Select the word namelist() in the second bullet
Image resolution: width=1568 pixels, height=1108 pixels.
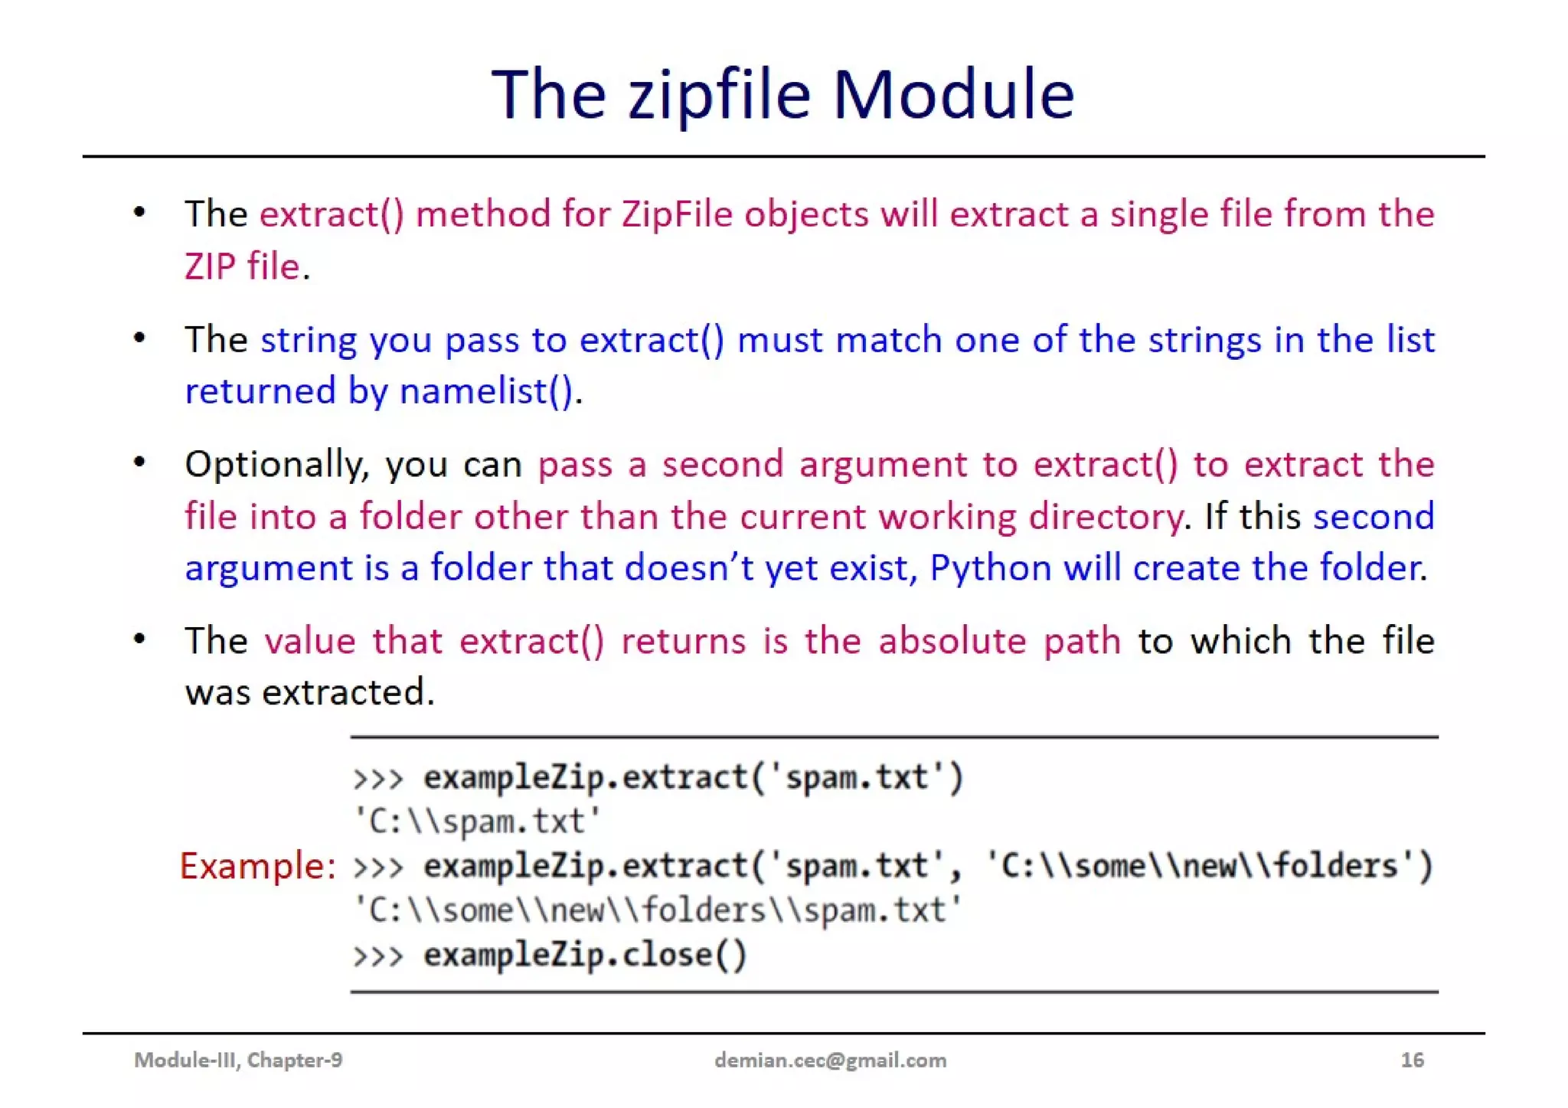(486, 391)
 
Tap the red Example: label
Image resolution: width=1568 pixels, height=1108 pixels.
(258, 866)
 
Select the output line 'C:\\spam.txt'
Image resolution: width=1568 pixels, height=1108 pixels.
(476, 822)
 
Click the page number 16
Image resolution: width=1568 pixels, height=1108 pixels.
(1412, 1060)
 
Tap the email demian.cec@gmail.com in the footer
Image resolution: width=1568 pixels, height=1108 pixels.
(830, 1060)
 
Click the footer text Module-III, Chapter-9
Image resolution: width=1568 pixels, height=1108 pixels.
(238, 1060)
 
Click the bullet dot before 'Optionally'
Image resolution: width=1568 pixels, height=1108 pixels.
(139, 462)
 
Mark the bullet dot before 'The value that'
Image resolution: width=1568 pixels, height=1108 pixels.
(139, 639)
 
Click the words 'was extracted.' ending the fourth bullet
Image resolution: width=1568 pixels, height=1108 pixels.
(309, 692)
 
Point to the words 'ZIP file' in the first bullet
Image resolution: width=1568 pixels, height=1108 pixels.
(242, 266)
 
